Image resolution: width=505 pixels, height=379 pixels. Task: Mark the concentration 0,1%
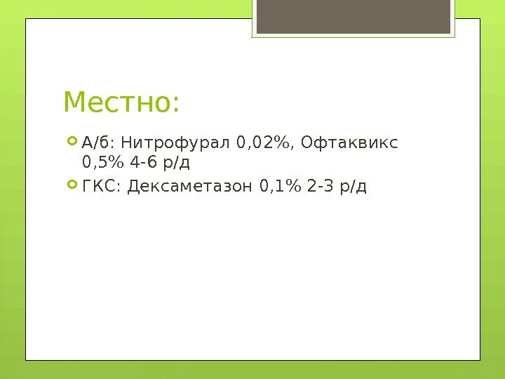tap(281, 187)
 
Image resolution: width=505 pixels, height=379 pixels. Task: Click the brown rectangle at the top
tap(353, 16)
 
